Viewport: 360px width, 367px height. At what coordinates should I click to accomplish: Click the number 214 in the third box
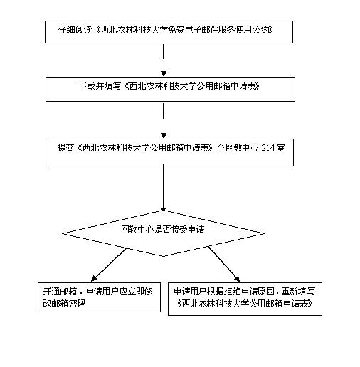pyautogui.click(x=268, y=148)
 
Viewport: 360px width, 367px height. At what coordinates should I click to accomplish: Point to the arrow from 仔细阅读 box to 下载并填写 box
pyautogui.click(x=164, y=60)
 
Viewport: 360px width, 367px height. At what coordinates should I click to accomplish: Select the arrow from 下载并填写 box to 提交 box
pyautogui.click(x=164, y=121)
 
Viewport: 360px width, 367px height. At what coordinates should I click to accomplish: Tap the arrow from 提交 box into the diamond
pyautogui.click(x=164, y=188)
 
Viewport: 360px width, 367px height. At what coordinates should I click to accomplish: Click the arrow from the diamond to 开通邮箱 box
pyautogui.click(x=109, y=265)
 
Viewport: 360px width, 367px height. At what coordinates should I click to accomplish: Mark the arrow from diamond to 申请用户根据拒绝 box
pyautogui.click(x=224, y=265)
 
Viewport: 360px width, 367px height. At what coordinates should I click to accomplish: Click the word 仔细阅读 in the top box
pyautogui.click(x=75, y=30)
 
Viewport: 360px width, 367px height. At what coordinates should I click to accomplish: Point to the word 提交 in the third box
pyautogui.click(x=65, y=148)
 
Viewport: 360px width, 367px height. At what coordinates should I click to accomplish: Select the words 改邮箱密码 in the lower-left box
pyautogui.click(x=64, y=304)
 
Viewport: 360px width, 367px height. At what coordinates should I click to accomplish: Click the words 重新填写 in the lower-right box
pyautogui.click(x=298, y=292)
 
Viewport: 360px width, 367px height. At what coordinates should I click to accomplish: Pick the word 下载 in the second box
pyautogui.click(x=87, y=86)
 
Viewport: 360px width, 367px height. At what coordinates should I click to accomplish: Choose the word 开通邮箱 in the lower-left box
pyautogui.click(x=60, y=292)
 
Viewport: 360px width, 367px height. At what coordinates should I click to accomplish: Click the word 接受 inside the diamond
pyautogui.click(x=179, y=229)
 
